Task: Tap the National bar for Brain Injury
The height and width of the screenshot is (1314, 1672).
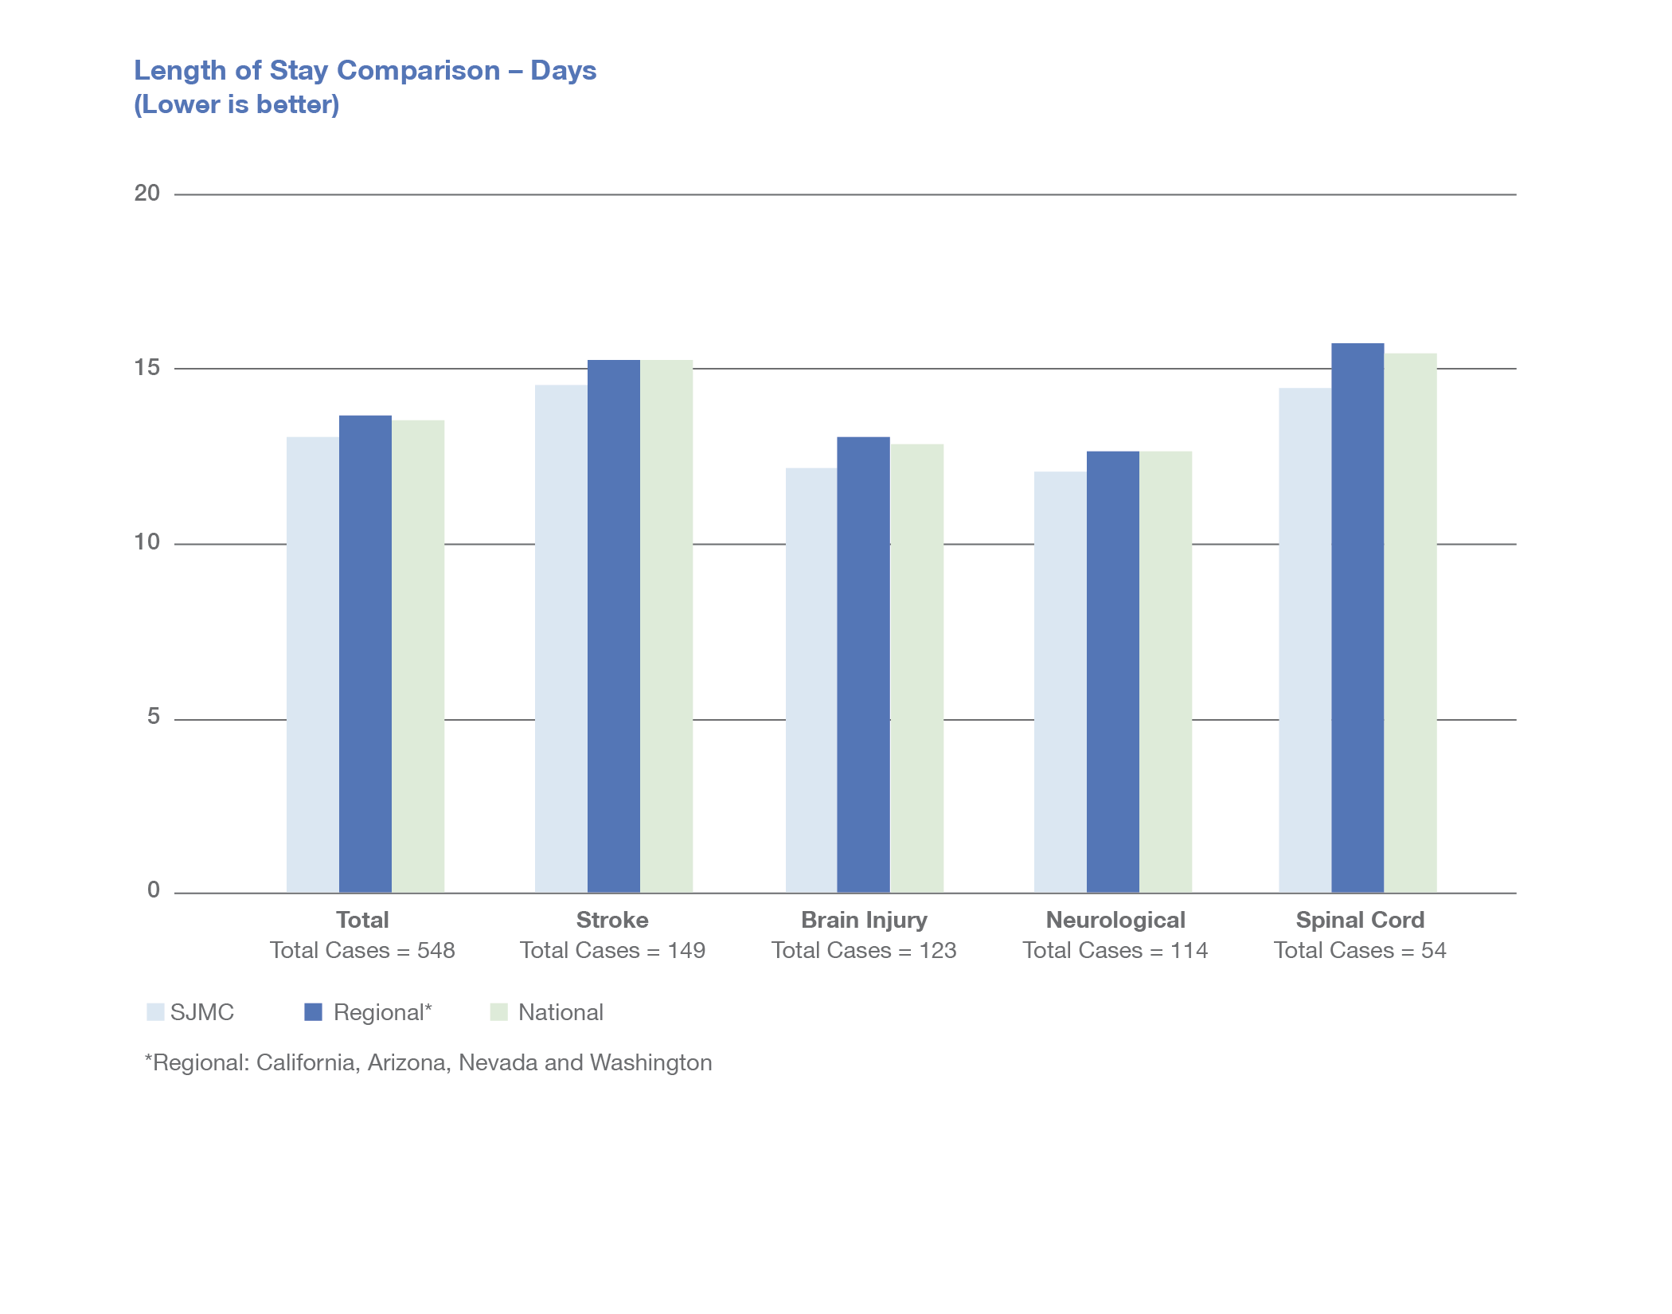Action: [x=917, y=668]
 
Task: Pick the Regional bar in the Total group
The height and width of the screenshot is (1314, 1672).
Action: [x=365, y=654]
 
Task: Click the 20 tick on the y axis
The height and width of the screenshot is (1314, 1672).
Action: [x=147, y=194]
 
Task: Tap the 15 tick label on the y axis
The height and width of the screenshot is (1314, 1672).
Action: [x=147, y=368]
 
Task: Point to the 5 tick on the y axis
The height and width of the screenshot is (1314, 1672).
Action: [x=154, y=717]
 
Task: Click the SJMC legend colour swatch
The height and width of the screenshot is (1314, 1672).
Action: [x=155, y=1012]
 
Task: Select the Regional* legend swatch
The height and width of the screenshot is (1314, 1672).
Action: [x=314, y=1012]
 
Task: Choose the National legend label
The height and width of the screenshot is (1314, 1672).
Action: [x=561, y=1012]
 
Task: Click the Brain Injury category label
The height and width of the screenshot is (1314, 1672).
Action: [x=864, y=920]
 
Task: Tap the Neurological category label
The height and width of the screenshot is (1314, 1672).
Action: [x=1115, y=920]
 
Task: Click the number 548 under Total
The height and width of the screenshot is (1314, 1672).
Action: [x=436, y=950]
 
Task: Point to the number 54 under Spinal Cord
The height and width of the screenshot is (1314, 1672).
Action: [x=1433, y=950]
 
